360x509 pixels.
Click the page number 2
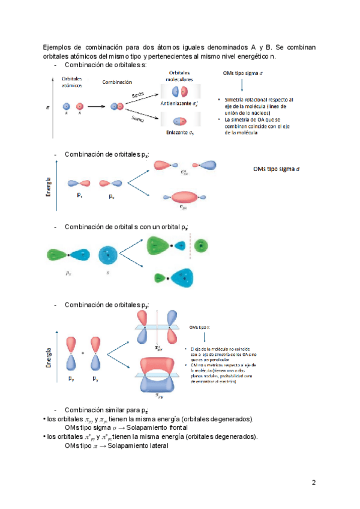pos(313,483)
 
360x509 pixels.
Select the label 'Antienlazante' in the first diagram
pos(176,103)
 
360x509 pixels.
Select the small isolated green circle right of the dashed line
pos(203,245)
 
